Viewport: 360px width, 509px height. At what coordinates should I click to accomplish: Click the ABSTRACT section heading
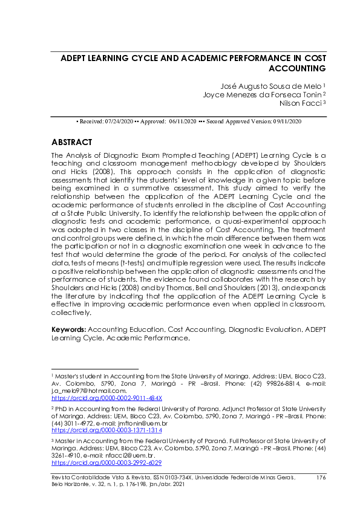pyautogui.click(x=72, y=143)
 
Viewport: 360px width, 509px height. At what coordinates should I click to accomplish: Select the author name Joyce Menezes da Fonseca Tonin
pyautogui.click(x=263, y=94)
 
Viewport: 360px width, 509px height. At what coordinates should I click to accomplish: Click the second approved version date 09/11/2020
pyautogui.click(x=287, y=122)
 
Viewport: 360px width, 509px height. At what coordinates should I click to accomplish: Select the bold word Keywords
pyautogui.click(x=69, y=329)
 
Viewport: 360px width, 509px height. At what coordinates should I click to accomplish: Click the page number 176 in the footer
pyautogui.click(x=321, y=478)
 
